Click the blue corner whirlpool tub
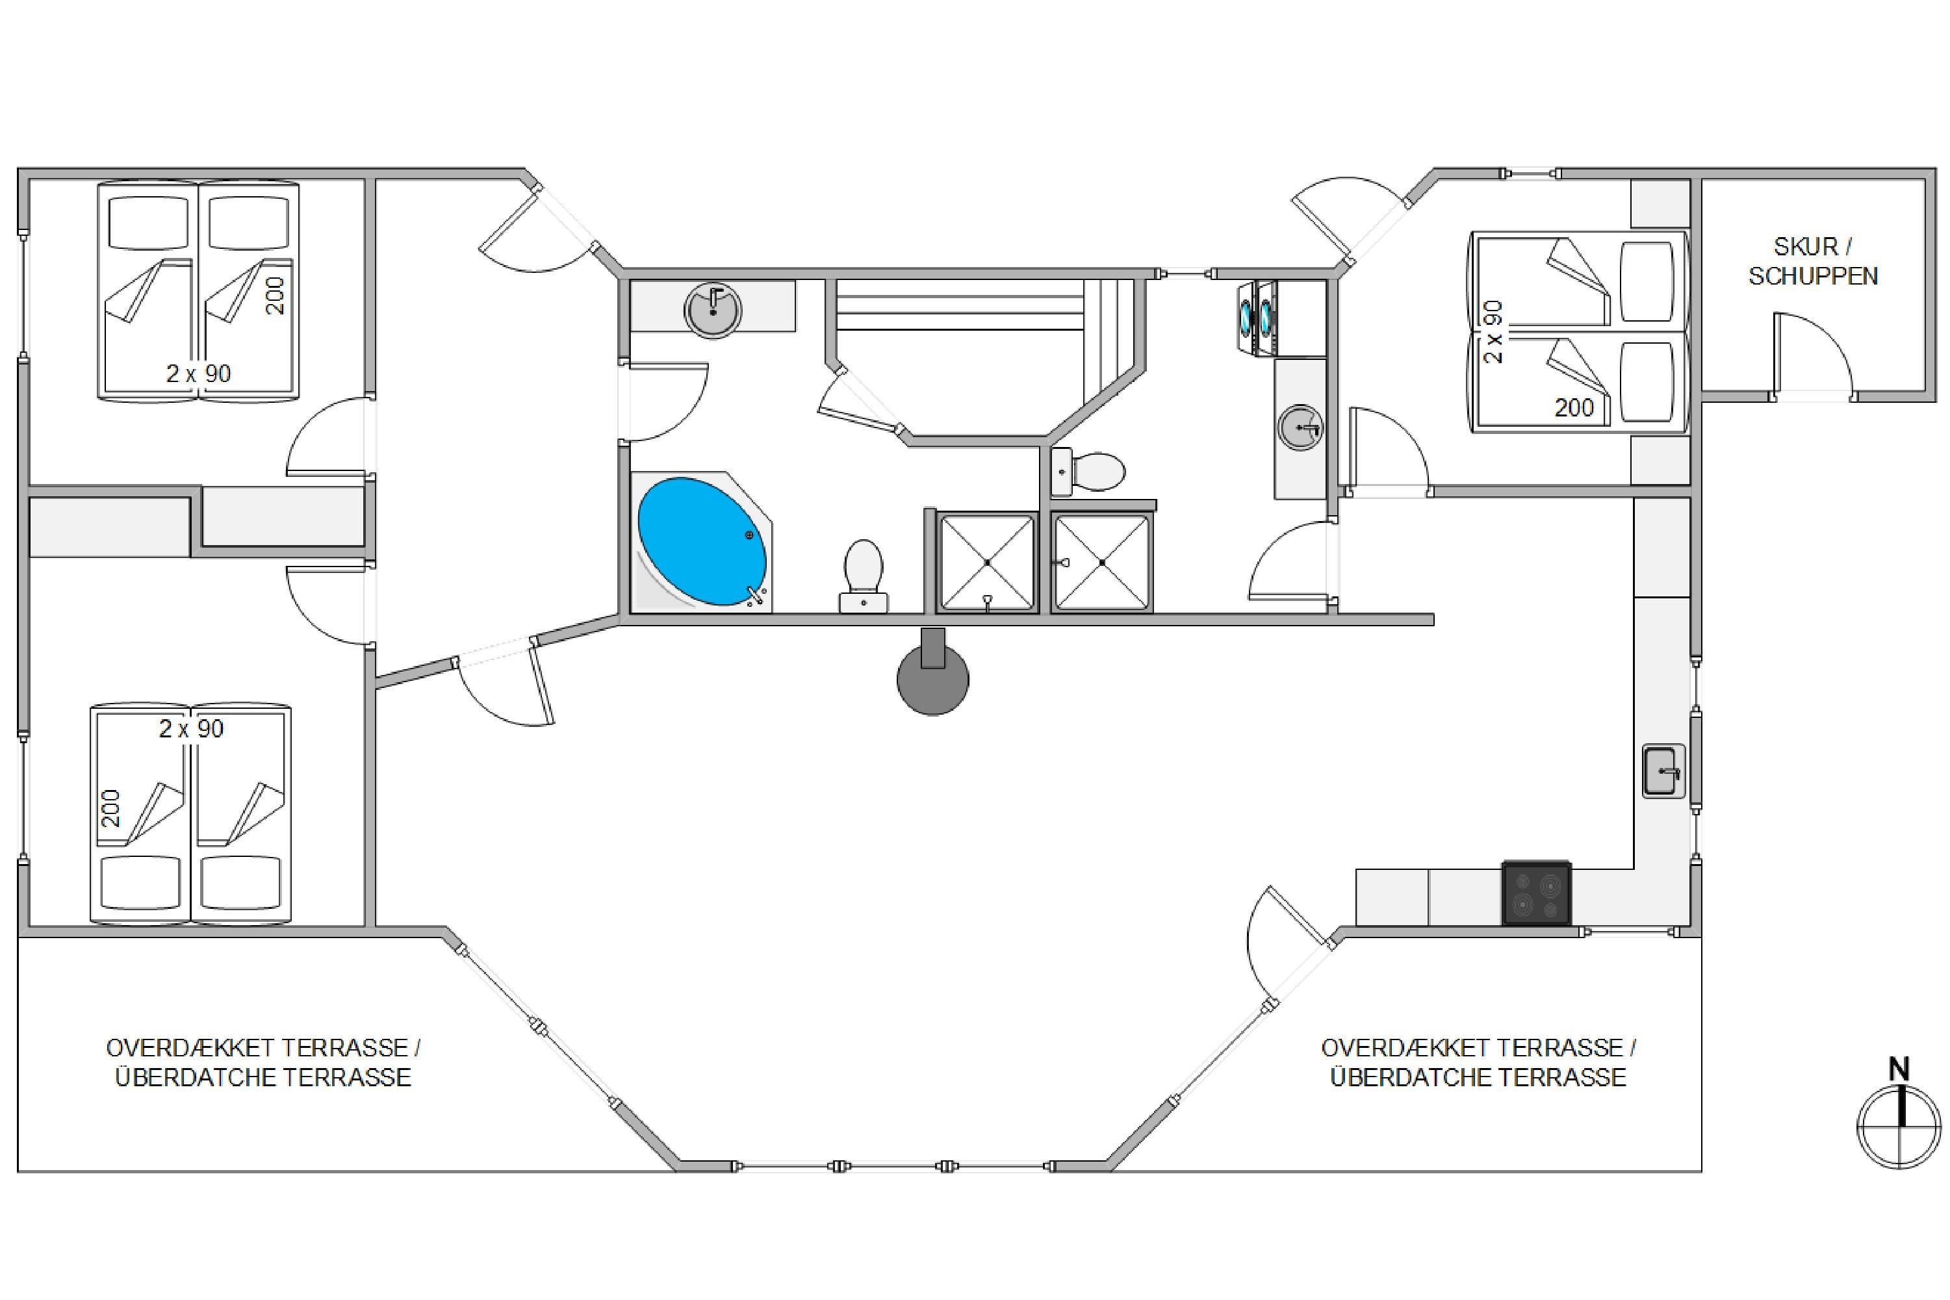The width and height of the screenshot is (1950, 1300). (x=701, y=541)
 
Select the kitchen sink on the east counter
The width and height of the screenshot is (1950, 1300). (x=1664, y=771)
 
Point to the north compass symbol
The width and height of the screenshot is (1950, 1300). (x=1899, y=1128)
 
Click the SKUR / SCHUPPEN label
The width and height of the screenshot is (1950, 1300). (x=1813, y=261)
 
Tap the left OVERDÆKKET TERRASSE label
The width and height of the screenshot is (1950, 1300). (x=263, y=1062)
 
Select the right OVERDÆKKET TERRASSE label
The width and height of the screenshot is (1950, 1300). (x=1478, y=1062)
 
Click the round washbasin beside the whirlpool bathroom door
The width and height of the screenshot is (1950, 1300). (x=713, y=310)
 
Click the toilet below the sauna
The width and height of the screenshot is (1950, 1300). (x=1088, y=472)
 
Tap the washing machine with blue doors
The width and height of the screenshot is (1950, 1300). (x=1257, y=318)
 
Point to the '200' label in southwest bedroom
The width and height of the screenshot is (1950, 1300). (x=110, y=808)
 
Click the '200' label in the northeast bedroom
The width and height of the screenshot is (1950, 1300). (x=1574, y=407)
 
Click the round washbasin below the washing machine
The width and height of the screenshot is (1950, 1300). (x=1300, y=427)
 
